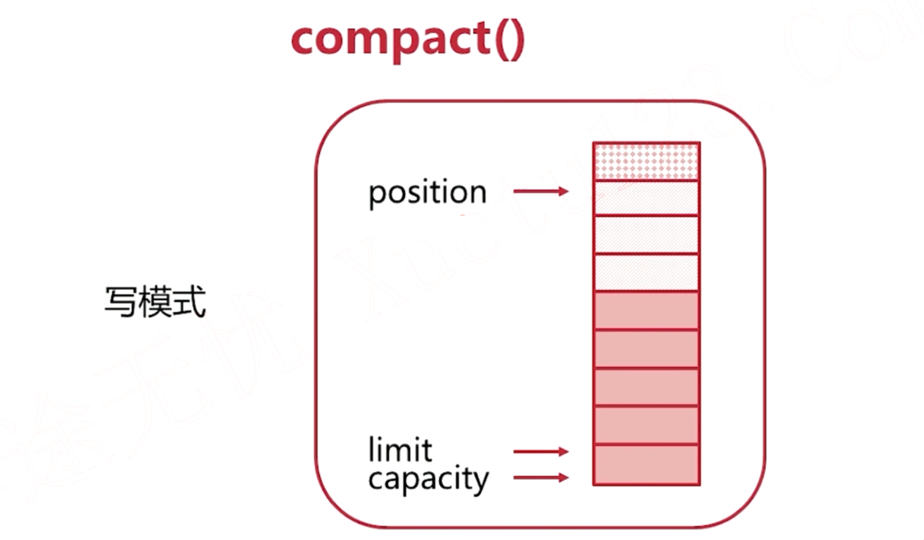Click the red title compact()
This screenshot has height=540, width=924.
tap(407, 39)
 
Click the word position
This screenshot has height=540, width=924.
tap(427, 193)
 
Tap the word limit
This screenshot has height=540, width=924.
tap(400, 450)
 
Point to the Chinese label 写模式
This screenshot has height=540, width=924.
tap(155, 302)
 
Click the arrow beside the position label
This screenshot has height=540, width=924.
tap(541, 191)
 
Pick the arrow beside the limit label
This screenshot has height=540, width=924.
tap(541, 452)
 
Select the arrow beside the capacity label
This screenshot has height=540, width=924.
tap(541, 477)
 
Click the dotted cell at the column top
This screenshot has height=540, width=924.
tap(646, 162)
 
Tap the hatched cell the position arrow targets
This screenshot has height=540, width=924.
tap(646, 198)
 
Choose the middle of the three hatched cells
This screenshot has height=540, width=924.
tap(646, 234)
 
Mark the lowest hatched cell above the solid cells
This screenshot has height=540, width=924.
tap(646, 273)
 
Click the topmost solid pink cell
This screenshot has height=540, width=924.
tap(646, 311)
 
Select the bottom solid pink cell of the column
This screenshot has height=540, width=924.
tap(646, 465)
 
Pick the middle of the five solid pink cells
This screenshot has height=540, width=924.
tap(646, 388)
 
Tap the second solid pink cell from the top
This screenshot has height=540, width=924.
tap(646, 349)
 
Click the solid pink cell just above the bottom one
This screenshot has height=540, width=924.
tap(646, 425)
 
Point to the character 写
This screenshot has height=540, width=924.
tap(121, 302)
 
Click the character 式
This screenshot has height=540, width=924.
tap(189, 302)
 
